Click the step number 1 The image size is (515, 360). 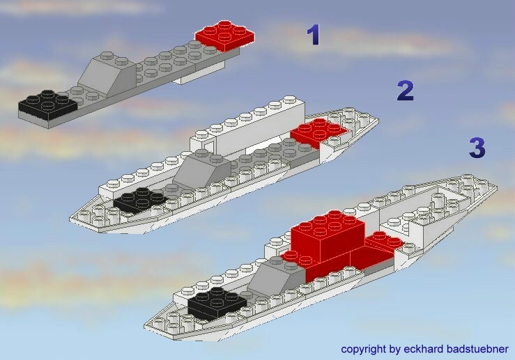313,35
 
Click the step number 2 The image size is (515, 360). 406,91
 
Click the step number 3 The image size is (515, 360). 477,148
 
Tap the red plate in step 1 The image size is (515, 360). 224,36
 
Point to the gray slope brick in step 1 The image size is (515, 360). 107,75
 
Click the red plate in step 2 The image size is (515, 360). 318,132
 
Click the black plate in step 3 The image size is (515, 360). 217,303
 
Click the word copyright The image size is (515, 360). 364,349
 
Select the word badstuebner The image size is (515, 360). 478,349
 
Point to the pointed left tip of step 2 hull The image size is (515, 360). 70,219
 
